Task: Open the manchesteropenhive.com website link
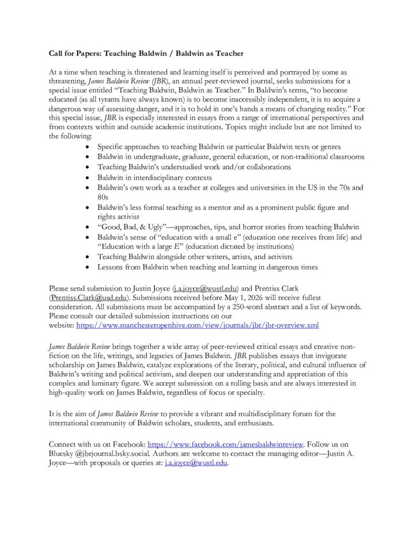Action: [x=197, y=325]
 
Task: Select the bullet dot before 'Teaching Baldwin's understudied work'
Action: [x=87, y=167]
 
